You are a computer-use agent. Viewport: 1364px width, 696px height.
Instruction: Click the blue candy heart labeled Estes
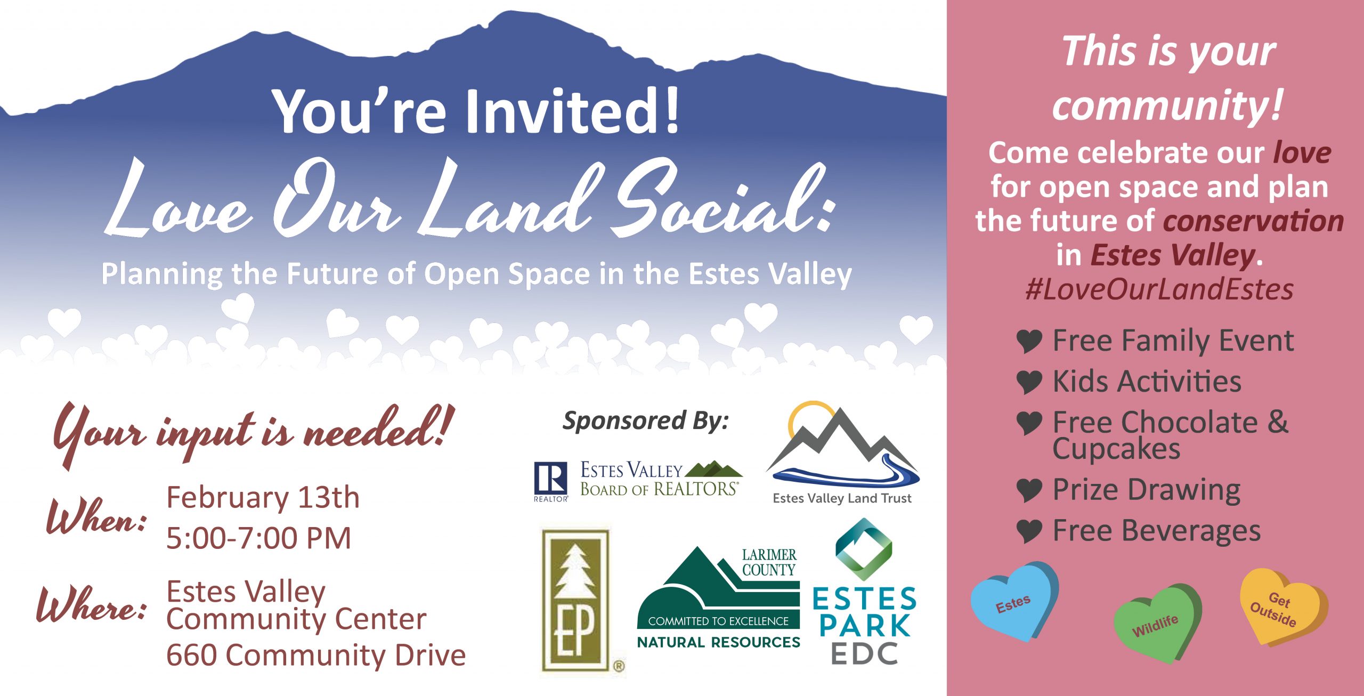[x=1014, y=601]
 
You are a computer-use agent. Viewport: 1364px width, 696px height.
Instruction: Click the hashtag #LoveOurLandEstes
[x=1159, y=289]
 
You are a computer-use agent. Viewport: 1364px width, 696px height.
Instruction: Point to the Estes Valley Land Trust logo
[x=842, y=453]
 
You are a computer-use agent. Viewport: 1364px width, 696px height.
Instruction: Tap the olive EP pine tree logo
[x=575, y=600]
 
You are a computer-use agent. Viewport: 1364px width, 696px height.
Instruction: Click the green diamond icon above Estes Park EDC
[x=864, y=549]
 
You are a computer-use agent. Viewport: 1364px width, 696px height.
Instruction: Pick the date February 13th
[x=263, y=497]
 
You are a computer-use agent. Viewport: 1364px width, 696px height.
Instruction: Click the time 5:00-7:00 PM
[x=258, y=538]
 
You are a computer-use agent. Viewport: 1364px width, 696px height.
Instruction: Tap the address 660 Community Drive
[x=316, y=655]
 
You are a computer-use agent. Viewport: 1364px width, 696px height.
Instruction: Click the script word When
[x=96, y=516]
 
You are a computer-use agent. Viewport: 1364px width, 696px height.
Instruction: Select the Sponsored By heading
[x=645, y=420]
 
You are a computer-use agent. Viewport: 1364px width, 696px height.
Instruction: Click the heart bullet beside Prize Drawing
[x=1029, y=490]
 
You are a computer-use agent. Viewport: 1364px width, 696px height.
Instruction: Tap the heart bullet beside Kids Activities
[x=1029, y=382]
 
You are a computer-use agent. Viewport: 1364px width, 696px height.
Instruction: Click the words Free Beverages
[x=1157, y=531]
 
